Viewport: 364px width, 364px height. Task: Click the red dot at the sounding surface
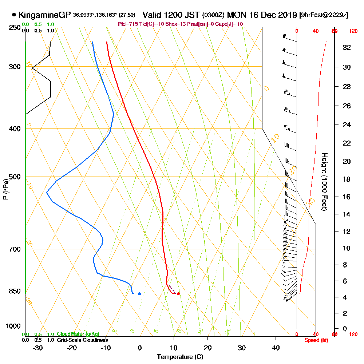178,294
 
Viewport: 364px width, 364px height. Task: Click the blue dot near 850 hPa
139,294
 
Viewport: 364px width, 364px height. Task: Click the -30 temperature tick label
38,348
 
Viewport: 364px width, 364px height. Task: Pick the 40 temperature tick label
276,348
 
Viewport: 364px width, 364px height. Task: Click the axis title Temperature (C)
180,357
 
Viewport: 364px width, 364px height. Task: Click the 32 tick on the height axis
347,47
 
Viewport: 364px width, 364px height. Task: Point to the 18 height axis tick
347,179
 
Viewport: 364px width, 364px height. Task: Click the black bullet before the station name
14,15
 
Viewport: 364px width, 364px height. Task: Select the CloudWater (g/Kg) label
78,334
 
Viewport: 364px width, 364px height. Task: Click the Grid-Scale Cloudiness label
82,340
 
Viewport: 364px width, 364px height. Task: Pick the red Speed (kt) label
315,340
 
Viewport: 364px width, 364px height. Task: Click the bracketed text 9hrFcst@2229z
324,15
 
